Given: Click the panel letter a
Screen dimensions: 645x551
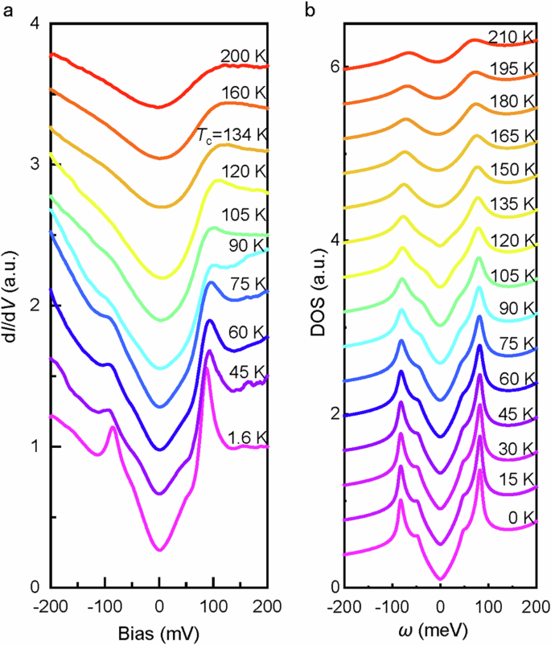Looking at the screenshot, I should click(x=10, y=11).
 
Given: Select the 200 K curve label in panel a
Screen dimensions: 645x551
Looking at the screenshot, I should click(x=244, y=55).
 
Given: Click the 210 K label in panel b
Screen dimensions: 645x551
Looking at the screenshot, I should click(x=511, y=37).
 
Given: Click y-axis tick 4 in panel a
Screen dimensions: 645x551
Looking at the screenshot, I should click(x=34, y=24).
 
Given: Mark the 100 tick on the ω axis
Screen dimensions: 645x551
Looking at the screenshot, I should click(x=489, y=605).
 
